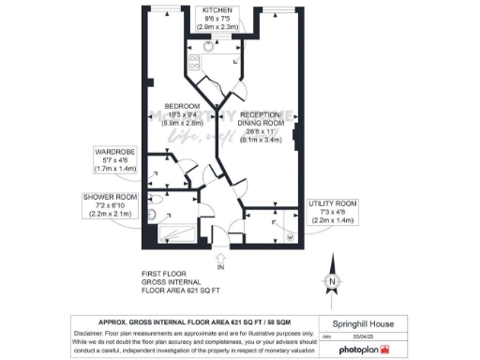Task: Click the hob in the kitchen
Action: (x=195, y=64)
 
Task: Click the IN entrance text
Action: (x=221, y=269)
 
